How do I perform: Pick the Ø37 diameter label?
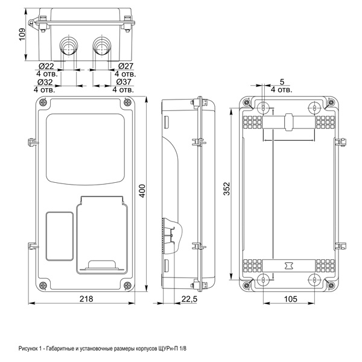pyautogui.click(x=124, y=81)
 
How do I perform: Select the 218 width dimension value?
pyautogui.click(x=86, y=300)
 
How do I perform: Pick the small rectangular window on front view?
pyautogui.click(x=59, y=235)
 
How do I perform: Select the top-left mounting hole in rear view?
pyautogui.click(x=264, y=108)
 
